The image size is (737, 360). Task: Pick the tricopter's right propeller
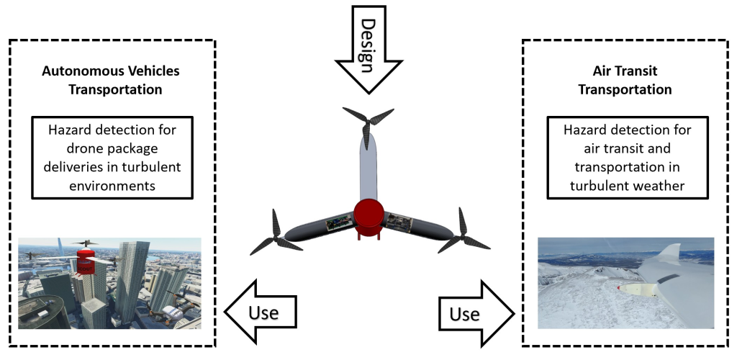pos(461,230)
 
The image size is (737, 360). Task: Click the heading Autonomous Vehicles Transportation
pos(111,80)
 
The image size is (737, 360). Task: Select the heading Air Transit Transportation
pos(625,80)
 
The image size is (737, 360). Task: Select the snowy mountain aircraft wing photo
pos(625,283)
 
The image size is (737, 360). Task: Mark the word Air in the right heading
pos(602,71)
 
